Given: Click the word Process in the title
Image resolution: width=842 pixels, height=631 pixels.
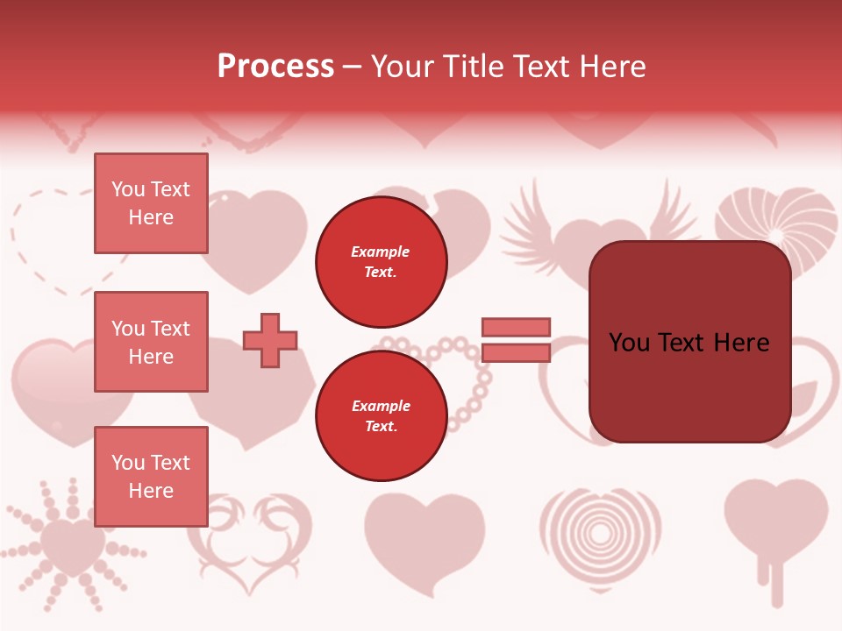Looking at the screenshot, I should (275, 66).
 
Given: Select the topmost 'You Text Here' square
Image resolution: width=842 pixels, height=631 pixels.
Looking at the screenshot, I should (151, 203).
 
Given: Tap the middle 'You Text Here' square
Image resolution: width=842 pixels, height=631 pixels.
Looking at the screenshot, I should (151, 342).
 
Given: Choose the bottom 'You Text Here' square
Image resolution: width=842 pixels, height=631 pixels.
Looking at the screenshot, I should (151, 476).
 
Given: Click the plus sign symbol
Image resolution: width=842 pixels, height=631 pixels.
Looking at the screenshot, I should (270, 340).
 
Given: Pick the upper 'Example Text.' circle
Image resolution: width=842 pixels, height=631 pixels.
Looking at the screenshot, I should (381, 261).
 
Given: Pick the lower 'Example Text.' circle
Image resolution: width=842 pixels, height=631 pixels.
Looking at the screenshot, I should (381, 415).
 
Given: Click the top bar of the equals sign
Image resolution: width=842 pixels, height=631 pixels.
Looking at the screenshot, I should (516, 327).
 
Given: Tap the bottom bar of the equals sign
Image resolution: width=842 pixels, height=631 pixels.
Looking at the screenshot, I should (516, 352).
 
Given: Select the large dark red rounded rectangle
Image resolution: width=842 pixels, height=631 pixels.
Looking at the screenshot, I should (689, 342).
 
